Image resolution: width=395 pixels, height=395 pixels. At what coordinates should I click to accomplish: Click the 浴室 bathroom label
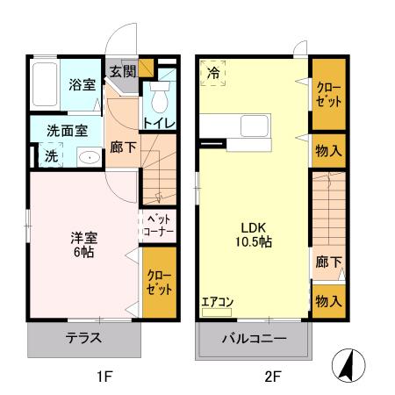(x=82, y=86)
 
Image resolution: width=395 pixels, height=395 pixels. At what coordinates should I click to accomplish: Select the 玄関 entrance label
(x=123, y=72)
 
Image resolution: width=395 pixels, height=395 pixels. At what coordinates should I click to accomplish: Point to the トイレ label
(x=159, y=123)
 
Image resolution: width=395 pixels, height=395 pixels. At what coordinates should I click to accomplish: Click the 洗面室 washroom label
(x=67, y=131)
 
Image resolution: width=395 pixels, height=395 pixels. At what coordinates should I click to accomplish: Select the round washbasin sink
(x=87, y=158)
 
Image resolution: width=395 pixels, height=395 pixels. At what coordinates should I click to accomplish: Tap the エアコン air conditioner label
(x=217, y=302)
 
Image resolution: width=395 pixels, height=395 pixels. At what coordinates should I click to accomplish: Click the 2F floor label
(x=272, y=378)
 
